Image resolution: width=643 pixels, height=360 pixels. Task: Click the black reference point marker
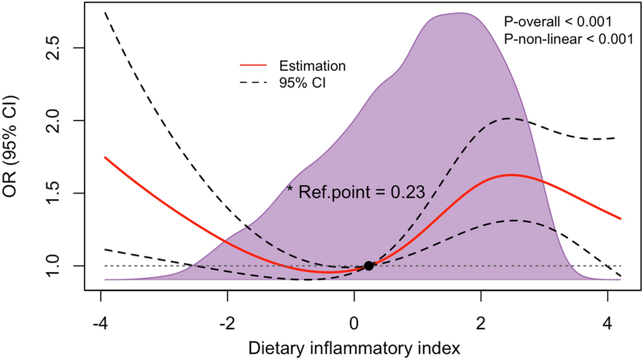point(369,266)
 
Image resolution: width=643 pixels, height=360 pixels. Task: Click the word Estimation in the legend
point(312,66)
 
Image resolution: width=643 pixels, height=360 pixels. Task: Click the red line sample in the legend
point(254,66)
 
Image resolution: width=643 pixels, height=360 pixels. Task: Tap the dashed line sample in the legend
point(254,85)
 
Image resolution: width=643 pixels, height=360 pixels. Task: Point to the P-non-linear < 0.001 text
point(568,39)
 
